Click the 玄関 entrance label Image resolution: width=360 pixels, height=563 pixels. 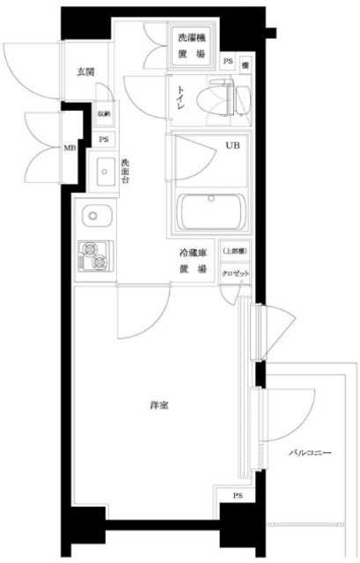tap(85, 71)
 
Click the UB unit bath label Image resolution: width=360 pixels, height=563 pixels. tap(232, 146)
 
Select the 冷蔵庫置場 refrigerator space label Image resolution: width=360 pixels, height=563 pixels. tap(193, 260)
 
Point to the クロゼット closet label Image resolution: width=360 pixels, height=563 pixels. tap(235, 274)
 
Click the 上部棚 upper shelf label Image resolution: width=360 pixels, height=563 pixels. tap(235, 251)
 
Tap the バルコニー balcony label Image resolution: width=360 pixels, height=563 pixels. tap(311, 453)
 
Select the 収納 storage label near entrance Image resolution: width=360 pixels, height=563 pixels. tap(104, 113)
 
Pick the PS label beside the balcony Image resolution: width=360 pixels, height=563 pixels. tap(238, 497)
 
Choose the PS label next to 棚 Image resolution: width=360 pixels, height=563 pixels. tap(228, 62)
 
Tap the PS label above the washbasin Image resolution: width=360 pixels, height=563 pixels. tap(104, 140)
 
